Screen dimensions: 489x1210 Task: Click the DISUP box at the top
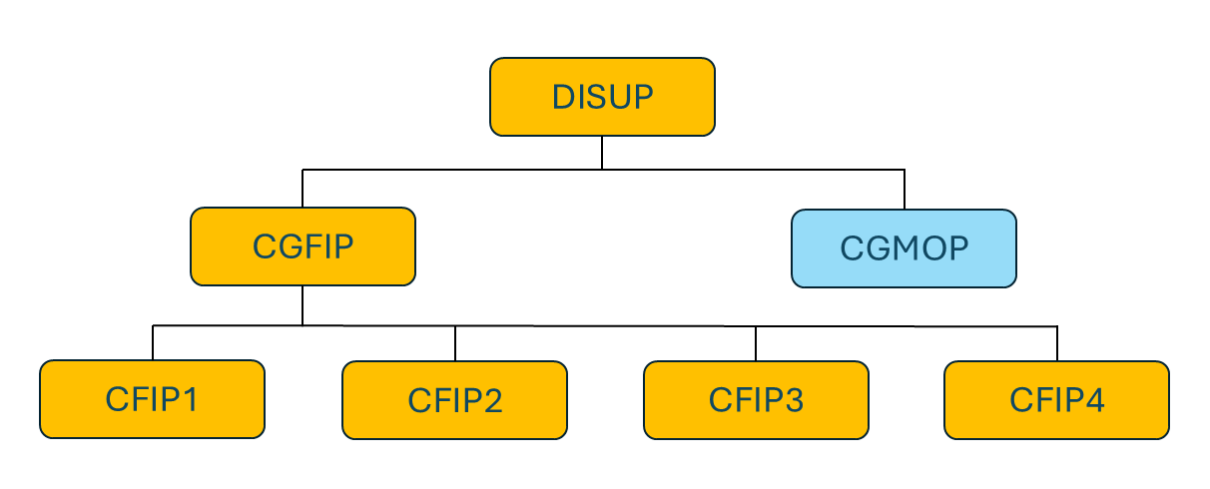(602, 97)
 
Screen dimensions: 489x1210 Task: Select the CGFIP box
(302, 246)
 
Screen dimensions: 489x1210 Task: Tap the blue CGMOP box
(904, 247)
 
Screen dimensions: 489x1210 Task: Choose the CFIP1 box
(152, 399)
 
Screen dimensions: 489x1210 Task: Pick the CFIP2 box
(454, 400)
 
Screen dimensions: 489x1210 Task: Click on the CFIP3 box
(756, 400)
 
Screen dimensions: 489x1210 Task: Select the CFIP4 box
(1056, 400)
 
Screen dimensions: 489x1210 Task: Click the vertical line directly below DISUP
(602, 152)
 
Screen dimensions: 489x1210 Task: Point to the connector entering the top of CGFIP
(302, 189)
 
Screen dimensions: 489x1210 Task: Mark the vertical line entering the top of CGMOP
(905, 190)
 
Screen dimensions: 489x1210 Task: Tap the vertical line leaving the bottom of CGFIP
(302, 304)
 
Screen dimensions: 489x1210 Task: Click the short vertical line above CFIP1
(153, 342)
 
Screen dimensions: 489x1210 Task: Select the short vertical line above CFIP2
(455, 343)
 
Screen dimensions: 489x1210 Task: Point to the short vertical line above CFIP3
(756, 344)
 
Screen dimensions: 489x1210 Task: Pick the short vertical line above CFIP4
(1057, 344)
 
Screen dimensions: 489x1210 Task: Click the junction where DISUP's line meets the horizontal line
(602, 170)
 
